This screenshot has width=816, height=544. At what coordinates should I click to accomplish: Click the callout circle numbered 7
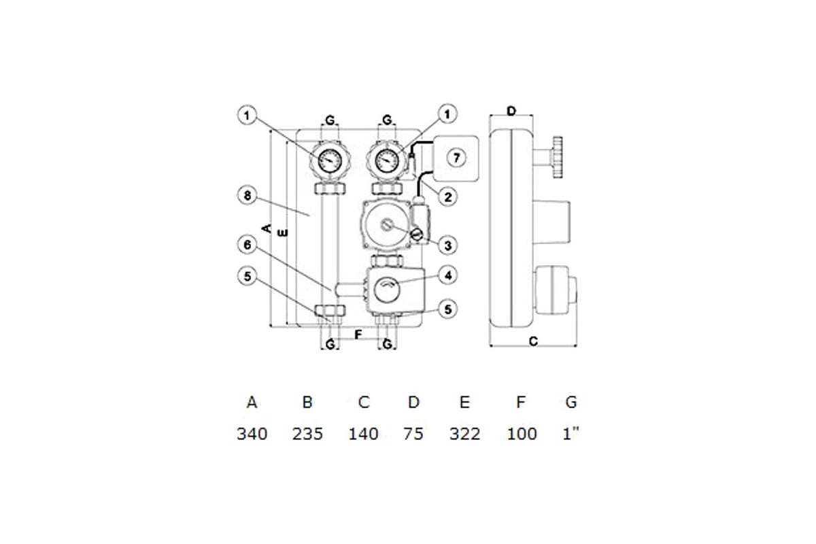click(x=456, y=158)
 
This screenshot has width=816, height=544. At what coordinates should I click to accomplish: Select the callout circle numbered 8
click(x=248, y=195)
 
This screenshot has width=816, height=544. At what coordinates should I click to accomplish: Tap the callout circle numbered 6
click(x=248, y=245)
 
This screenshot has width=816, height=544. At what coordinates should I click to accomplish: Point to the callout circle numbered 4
click(x=447, y=275)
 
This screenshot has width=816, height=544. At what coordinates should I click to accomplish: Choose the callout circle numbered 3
click(x=447, y=245)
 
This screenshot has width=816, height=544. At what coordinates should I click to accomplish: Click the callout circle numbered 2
click(x=447, y=197)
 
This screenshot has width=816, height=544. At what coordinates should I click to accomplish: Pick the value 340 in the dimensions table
click(x=252, y=434)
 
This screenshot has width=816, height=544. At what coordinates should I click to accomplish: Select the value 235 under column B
click(x=307, y=434)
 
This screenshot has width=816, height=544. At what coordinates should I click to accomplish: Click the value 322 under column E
click(x=465, y=434)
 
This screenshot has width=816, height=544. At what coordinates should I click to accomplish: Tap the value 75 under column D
click(x=413, y=434)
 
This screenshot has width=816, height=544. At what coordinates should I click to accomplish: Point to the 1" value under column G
click(x=571, y=434)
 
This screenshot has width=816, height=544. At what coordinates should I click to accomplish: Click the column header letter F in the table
click(x=521, y=403)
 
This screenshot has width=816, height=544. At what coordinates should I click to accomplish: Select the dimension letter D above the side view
click(x=511, y=111)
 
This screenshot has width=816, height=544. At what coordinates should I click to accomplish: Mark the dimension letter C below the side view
click(x=533, y=341)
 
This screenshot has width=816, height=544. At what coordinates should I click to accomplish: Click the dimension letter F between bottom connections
click(x=358, y=335)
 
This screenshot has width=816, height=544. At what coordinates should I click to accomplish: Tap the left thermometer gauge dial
click(x=330, y=160)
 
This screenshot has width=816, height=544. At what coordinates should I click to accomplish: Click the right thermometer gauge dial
click(x=387, y=160)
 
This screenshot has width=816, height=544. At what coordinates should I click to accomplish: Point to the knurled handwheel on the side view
click(x=558, y=157)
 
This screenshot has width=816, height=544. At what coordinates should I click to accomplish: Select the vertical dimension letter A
click(x=267, y=228)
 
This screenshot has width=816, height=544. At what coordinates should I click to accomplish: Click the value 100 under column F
click(x=522, y=434)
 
